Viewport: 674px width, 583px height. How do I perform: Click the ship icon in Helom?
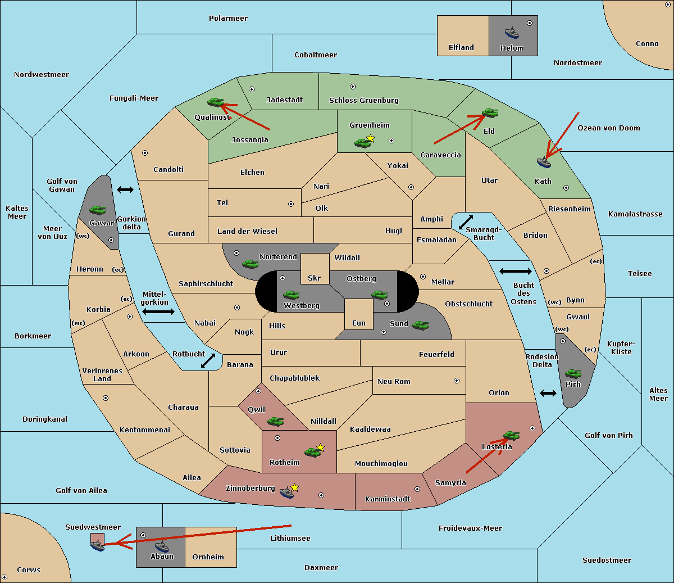(x=512, y=33)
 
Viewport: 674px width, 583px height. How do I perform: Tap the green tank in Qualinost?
(x=215, y=102)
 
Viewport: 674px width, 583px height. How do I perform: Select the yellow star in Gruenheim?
(x=371, y=138)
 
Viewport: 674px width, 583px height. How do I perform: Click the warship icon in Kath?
(x=544, y=162)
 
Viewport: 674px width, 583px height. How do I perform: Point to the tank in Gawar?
(x=98, y=210)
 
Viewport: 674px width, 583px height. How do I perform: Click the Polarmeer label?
(x=228, y=19)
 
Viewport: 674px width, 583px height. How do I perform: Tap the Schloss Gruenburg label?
(x=363, y=100)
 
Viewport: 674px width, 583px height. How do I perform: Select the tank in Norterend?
(x=250, y=264)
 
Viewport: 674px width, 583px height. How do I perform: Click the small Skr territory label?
(x=315, y=278)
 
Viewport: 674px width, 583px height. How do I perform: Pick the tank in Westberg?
(x=291, y=295)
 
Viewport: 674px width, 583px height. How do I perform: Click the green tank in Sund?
(x=420, y=325)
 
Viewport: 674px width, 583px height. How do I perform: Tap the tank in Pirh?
(x=573, y=373)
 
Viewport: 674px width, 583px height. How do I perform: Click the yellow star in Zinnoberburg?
(x=294, y=487)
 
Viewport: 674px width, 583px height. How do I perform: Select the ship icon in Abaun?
(x=162, y=546)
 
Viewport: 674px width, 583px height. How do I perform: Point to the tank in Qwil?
(x=275, y=421)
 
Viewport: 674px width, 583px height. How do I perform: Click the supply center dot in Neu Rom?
(x=457, y=381)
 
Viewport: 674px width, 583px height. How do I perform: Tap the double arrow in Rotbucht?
(x=208, y=360)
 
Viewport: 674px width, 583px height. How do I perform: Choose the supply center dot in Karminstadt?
(x=417, y=489)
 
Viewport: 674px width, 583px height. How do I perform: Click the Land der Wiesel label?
(x=247, y=232)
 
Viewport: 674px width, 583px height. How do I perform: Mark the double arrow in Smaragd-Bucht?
(x=466, y=222)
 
